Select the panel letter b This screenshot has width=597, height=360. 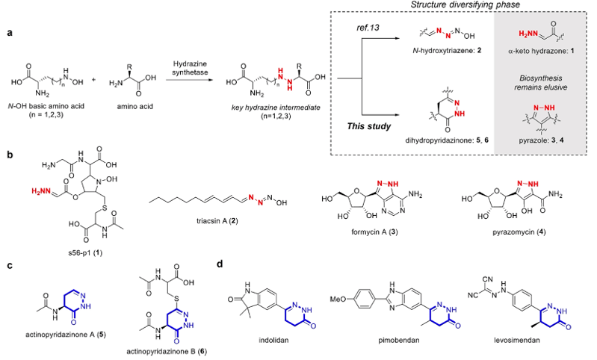tap(8, 156)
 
